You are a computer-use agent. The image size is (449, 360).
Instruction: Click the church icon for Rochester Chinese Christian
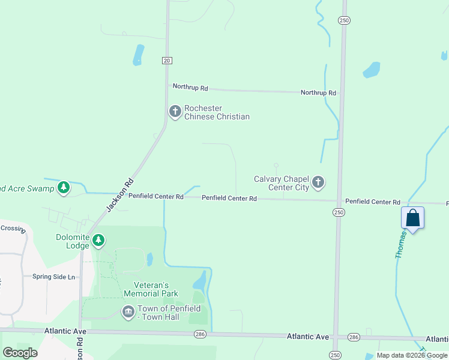pos(175,112)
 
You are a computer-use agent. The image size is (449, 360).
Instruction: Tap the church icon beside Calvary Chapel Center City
pos(318,182)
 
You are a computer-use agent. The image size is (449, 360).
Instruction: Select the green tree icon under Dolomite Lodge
pos(98,241)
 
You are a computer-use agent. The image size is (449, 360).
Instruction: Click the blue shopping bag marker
pos(412,218)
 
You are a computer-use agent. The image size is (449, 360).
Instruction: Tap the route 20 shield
pos(167,60)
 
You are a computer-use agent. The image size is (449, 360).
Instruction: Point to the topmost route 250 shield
pos(343,20)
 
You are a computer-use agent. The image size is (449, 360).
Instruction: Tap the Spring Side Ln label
pos(54,277)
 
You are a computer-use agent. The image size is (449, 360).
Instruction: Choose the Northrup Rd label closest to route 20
pos(190,88)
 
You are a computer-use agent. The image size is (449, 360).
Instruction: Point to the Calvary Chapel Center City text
pos(281,183)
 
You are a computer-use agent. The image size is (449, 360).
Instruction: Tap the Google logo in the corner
pos(20,353)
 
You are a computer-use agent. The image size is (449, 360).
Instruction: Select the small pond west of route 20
pos(139,54)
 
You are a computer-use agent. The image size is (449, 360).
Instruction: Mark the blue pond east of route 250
pos(372,70)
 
